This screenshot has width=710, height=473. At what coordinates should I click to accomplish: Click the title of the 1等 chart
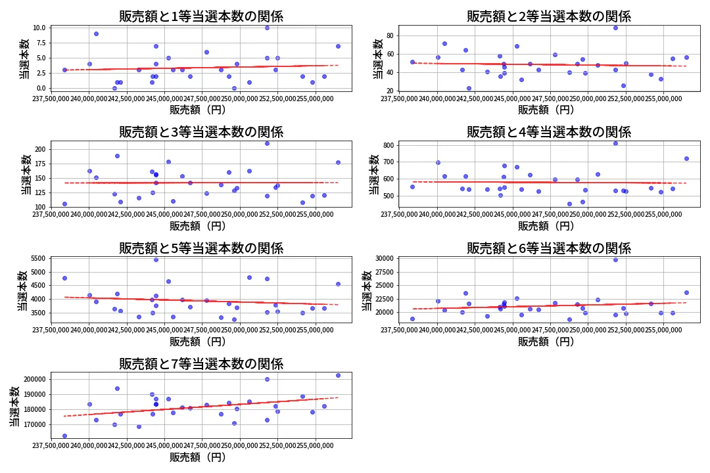(201, 16)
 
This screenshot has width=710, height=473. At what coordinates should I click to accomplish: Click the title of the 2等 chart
(548, 16)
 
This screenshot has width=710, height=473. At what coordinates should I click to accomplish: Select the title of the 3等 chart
(201, 132)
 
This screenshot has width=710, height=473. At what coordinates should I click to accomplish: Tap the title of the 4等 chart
(548, 132)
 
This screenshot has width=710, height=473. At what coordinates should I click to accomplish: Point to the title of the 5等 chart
(201, 248)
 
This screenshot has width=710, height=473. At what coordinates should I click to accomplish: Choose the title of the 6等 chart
(548, 248)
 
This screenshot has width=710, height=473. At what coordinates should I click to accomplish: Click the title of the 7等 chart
(201, 364)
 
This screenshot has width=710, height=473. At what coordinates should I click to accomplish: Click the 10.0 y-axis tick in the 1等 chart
(39, 28)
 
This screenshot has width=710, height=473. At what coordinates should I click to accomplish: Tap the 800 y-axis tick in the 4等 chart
(388, 145)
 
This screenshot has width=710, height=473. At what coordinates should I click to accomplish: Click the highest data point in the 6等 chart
(615, 259)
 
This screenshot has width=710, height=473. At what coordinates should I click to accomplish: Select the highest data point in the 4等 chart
(615, 143)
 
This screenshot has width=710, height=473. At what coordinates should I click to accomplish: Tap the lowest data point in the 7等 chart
(64, 436)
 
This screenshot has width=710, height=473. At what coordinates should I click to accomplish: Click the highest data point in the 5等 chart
(156, 259)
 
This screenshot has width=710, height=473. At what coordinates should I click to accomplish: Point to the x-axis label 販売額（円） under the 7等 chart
(197, 457)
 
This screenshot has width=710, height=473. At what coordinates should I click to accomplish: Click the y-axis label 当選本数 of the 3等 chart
(25, 174)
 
